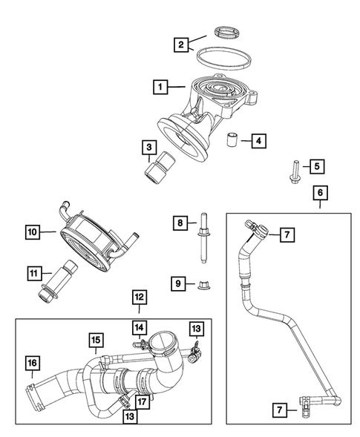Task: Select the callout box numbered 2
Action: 179,45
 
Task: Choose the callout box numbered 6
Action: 320,194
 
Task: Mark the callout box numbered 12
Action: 140,298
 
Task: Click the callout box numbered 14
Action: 139,326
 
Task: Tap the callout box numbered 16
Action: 32,363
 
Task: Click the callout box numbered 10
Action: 33,232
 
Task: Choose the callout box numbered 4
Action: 257,139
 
